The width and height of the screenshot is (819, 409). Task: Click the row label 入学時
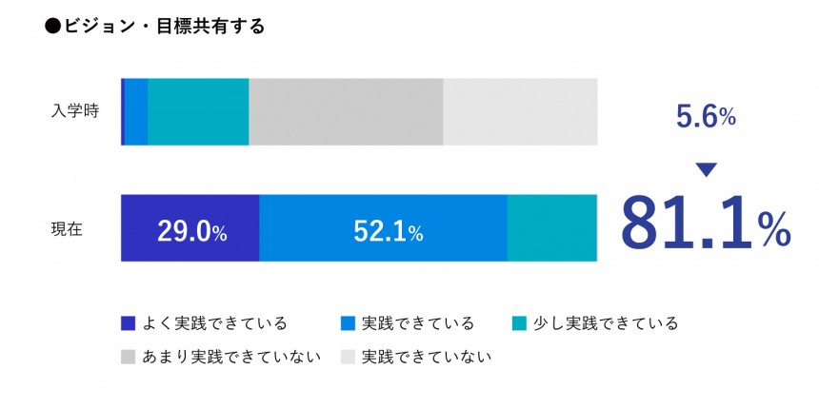(x=72, y=111)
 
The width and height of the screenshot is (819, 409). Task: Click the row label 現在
(x=67, y=228)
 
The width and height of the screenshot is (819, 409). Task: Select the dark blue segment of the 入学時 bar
(x=123, y=111)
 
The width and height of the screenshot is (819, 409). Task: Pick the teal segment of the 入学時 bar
(x=198, y=111)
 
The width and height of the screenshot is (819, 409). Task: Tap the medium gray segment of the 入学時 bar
(x=346, y=111)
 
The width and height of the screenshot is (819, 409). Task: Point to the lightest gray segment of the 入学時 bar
(x=520, y=111)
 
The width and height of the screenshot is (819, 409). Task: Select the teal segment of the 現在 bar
(x=551, y=228)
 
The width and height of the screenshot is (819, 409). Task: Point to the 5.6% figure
(x=706, y=117)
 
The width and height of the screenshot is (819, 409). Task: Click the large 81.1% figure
(x=705, y=224)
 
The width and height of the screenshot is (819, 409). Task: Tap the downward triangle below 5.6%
(x=706, y=170)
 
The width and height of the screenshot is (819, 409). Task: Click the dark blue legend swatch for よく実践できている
(x=129, y=323)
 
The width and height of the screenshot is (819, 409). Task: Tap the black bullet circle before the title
(x=52, y=27)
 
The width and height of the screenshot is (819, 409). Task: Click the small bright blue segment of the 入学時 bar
(x=136, y=111)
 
